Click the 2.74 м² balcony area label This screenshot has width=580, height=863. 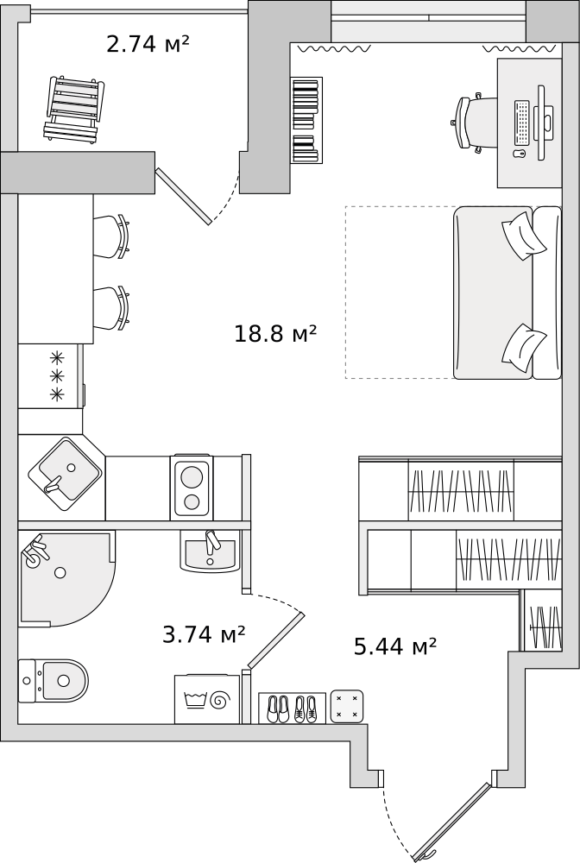pos(148,44)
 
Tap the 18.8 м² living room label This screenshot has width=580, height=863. pos(275,333)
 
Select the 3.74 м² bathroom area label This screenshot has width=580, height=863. pos(204,634)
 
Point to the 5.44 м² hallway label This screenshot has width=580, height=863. pos(395,646)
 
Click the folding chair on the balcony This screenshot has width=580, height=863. pos(73,109)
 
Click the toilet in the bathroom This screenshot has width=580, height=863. pos(54,682)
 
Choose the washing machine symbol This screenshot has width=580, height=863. pos(207,699)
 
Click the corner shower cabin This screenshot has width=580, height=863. pos(66,578)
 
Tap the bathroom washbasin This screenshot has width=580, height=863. pos(209,551)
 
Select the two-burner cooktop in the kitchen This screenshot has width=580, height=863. pos(192,487)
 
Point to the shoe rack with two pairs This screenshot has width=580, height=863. pos(293,708)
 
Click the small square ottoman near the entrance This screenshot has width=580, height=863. pos(347,705)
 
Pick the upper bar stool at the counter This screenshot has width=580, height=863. pos(111,236)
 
